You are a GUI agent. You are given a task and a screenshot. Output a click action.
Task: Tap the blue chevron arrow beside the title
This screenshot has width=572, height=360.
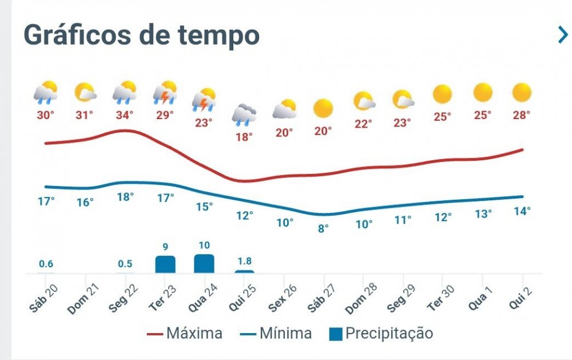pos(563,35)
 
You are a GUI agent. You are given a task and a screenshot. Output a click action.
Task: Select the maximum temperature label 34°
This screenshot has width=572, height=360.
pos(124,115)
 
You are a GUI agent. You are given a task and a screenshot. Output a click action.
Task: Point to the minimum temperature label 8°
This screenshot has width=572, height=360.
pos(323,228)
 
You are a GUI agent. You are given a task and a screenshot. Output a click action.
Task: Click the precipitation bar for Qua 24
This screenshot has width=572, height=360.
pos(204,264)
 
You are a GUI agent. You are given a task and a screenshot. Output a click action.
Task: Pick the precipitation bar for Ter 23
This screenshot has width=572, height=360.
pos(165,264)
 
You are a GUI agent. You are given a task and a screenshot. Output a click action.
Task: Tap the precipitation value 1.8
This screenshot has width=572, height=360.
pos(244,261)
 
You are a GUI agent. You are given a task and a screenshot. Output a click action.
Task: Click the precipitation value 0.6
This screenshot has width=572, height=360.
pos(46,264)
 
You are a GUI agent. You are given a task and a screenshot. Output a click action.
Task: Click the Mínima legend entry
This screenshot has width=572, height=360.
pos(276,333)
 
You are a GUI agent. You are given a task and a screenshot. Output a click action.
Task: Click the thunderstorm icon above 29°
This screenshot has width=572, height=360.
pos(165,92)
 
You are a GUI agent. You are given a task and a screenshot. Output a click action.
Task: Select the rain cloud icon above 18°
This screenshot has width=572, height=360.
pos(244,114)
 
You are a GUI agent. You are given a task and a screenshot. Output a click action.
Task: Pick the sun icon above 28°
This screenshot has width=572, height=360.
pos(521,92)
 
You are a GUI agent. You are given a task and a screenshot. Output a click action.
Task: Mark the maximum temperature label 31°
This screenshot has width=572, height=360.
pos(85,115)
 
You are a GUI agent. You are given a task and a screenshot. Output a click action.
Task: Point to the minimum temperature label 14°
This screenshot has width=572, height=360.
pos(522,211)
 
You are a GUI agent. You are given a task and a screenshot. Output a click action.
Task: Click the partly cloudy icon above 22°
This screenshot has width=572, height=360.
pos(364,101)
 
